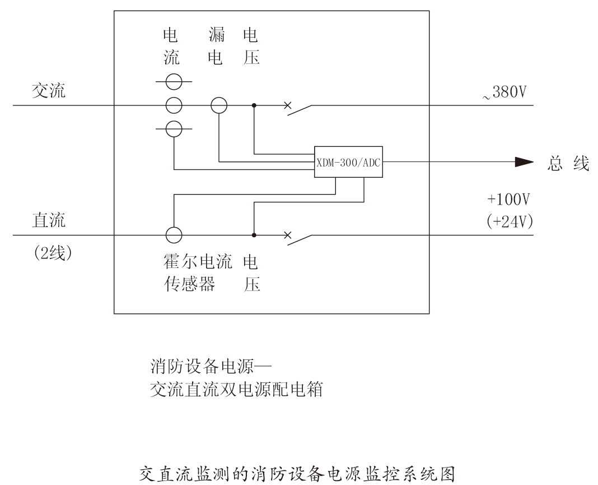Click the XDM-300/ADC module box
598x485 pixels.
(x=349, y=163)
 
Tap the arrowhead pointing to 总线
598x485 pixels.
(x=524, y=163)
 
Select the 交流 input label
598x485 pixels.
(x=48, y=91)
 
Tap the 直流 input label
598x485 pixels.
(x=48, y=220)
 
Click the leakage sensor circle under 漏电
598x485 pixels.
(x=219, y=105)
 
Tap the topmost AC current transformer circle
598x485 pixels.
(x=174, y=82)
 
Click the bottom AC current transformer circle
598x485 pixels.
(x=174, y=128)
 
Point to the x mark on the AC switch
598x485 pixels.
(x=288, y=105)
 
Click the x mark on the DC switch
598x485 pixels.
(x=288, y=235)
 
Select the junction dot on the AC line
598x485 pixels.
(x=254, y=105)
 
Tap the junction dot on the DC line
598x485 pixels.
(x=254, y=235)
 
